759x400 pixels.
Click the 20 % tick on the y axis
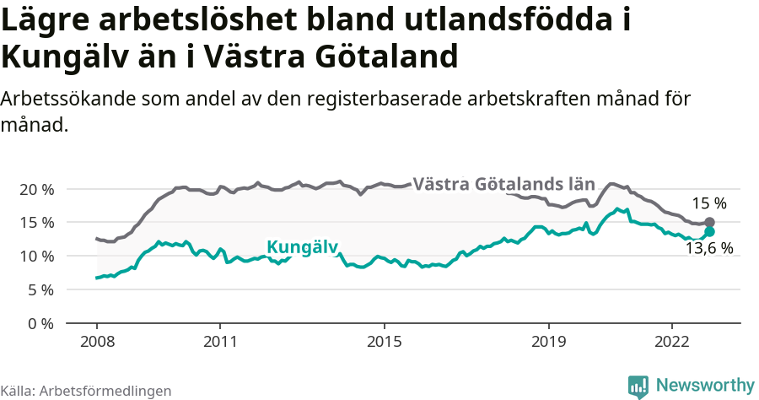[36, 189]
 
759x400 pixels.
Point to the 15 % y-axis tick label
[36, 223]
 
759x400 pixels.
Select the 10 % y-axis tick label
[36, 256]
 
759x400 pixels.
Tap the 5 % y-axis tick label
[40, 289]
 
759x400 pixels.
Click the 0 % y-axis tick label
[40, 323]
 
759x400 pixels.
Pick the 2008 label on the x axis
[96, 343]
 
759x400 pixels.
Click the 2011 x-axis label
[220, 343]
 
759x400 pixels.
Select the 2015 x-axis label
[385, 343]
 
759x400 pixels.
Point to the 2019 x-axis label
[549, 343]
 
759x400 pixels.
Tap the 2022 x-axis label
[672, 343]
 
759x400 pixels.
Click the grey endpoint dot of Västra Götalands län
[709, 222]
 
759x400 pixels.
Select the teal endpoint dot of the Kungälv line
[709, 231]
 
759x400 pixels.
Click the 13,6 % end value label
[708, 249]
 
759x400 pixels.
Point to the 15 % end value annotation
[708, 203]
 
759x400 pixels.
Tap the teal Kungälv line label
[302, 247]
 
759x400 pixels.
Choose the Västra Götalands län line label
[505, 183]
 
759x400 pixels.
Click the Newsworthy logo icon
[638, 386]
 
